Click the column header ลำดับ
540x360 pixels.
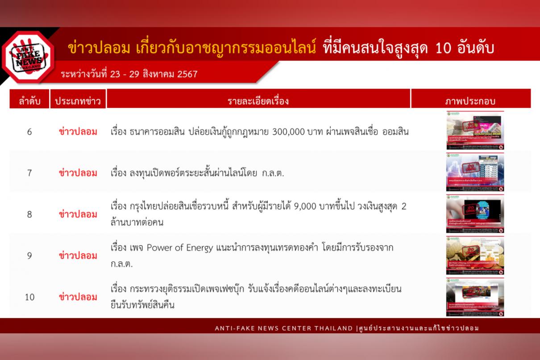pos(29,101)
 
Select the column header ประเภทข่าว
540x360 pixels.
pos(78,101)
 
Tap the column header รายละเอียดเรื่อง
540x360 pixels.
pos(258,101)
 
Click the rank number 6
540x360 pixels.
pos(29,132)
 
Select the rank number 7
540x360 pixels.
pos(29,173)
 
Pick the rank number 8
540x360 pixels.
pos(29,214)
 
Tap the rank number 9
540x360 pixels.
pos(29,256)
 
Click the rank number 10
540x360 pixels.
pos(29,297)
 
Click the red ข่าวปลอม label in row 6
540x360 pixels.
pos(78,132)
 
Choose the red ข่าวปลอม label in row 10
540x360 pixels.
pos(78,297)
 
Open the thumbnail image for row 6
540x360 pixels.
pos(475,130)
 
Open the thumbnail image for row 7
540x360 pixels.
pos(475,172)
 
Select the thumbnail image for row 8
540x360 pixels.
pos(475,214)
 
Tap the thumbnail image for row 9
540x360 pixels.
pos(475,255)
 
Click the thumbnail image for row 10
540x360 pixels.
pos(475,297)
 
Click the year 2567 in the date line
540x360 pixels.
pos(187,74)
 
